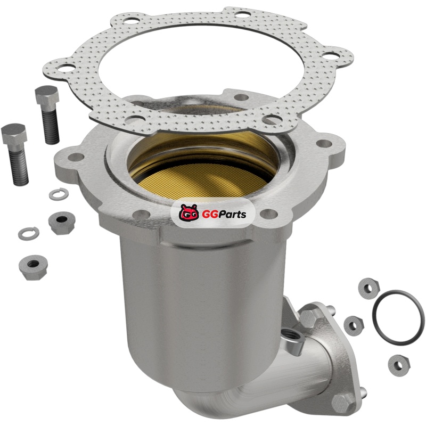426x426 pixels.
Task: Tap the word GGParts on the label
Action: coord(224,214)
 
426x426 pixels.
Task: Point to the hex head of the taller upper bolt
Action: coord(47,94)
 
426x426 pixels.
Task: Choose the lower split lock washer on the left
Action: coord(29,233)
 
